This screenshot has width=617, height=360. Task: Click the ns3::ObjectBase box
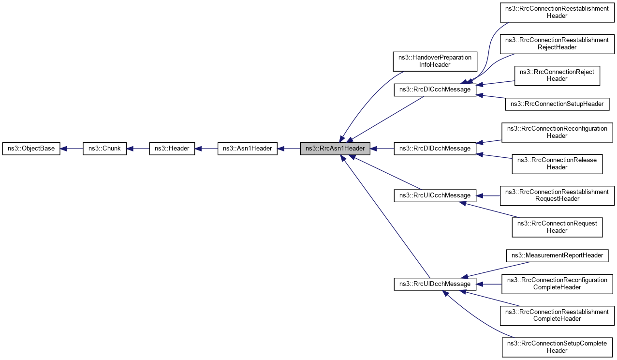click(x=31, y=149)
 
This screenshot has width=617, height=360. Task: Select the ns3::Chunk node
click(x=104, y=149)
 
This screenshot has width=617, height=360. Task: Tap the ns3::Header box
click(x=172, y=149)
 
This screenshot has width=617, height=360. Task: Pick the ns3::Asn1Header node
click(x=248, y=149)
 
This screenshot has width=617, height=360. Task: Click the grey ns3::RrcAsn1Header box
click(x=335, y=149)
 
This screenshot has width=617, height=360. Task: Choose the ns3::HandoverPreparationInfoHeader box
click(x=435, y=61)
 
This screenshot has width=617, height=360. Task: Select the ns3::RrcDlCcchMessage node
click(x=435, y=89)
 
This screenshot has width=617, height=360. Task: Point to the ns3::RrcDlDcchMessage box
click(x=435, y=149)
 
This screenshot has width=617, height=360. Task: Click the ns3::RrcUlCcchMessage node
click(x=435, y=195)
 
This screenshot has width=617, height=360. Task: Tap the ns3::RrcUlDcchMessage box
click(x=435, y=284)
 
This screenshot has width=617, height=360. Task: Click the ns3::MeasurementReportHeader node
click(x=557, y=255)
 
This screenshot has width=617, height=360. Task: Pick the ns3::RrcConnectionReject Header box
click(x=557, y=75)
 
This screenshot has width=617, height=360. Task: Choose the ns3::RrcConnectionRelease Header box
click(x=557, y=164)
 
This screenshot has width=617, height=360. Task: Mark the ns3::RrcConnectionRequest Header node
click(x=557, y=227)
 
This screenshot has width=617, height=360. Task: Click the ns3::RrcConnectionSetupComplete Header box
click(x=557, y=346)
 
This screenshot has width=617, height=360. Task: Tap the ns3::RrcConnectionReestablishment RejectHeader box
click(x=557, y=44)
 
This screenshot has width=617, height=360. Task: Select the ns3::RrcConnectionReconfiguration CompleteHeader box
click(x=557, y=284)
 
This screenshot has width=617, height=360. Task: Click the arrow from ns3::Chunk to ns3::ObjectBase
click(x=72, y=149)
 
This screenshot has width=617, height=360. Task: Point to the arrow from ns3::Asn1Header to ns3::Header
click(x=206, y=149)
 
